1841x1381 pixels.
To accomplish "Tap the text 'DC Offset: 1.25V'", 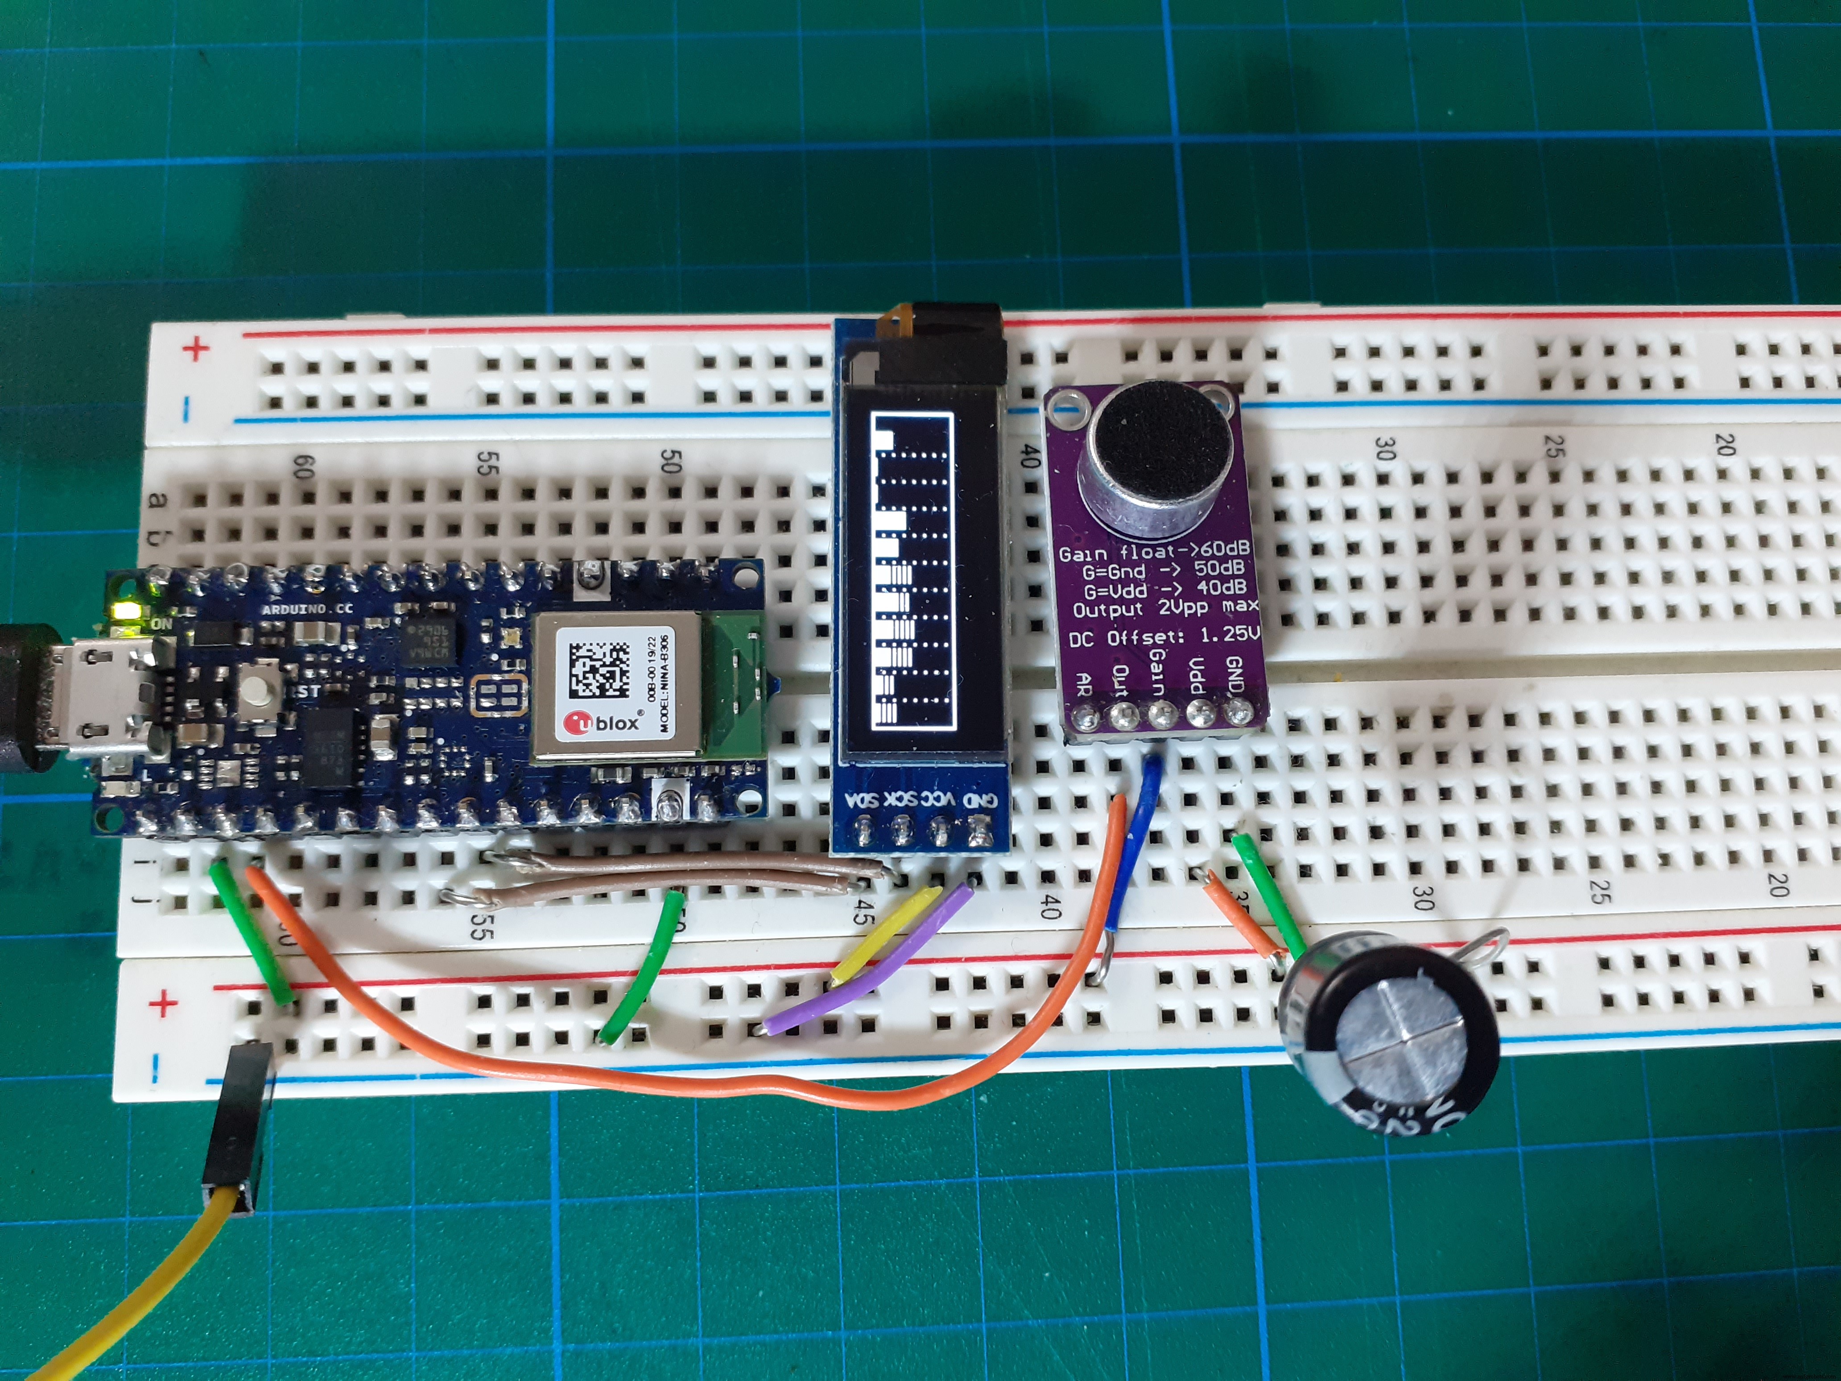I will (x=1164, y=636).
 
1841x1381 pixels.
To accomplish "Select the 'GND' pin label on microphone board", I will (x=1235, y=674).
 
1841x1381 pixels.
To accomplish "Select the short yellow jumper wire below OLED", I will (x=889, y=932).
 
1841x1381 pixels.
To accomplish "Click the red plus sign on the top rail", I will (x=196, y=348).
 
